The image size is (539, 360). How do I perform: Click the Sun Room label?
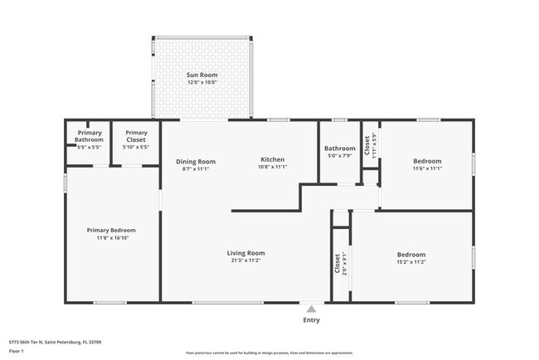point(202,75)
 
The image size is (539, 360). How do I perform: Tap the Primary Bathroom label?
point(90,136)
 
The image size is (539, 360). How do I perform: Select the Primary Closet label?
point(137,136)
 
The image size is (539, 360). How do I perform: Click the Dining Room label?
point(196,161)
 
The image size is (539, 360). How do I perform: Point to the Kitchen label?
point(273,159)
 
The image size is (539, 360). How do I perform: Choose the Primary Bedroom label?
point(112,230)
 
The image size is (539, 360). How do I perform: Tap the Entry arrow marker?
point(311,309)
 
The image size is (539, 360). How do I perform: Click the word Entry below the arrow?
point(311,320)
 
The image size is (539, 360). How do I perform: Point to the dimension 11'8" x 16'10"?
point(112,237)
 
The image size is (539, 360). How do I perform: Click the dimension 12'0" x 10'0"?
point(202,83)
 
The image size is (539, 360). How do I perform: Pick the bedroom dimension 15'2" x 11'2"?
point(410,262)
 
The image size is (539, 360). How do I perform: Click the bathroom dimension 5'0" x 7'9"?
point(339,156)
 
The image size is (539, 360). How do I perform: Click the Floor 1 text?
point(17,351)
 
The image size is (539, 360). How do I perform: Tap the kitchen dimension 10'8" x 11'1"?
point(273,167)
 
